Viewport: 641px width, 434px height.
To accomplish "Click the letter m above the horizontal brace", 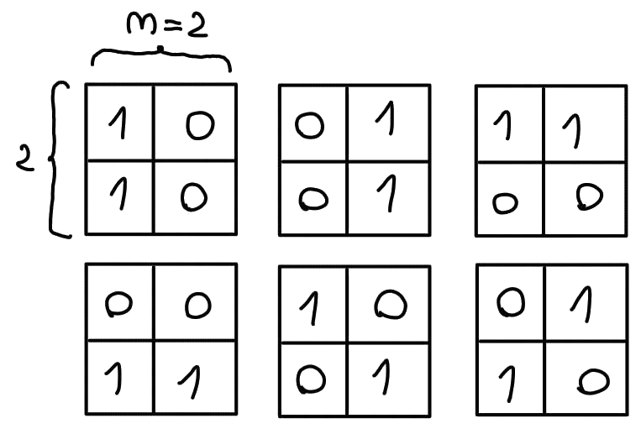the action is [x=141, y=23].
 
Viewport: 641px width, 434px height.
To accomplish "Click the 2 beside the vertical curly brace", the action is [x=24, y=159].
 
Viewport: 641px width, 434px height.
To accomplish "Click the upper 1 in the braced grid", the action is [x=118, y=123].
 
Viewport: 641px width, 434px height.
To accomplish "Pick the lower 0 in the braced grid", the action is [x=194, y=197].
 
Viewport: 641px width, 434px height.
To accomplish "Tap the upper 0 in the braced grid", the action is [x=200, y=125].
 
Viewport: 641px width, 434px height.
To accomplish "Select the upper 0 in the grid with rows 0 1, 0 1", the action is [x=309, y=125].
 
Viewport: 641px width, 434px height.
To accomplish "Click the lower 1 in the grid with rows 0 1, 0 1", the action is [x=387, y=193].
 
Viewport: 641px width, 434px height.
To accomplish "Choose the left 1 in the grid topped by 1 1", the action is [x=503, y=125].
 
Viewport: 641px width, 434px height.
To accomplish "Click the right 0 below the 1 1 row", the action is [x=589, y=196].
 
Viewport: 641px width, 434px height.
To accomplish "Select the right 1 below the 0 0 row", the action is [x=190, y=382].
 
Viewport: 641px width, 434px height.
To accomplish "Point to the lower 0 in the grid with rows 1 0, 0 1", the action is [x=311, y=379].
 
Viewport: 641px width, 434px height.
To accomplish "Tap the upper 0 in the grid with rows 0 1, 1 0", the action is [x=511, y=302].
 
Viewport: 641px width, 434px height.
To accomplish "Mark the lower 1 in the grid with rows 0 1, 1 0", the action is [x=507, y=384].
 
